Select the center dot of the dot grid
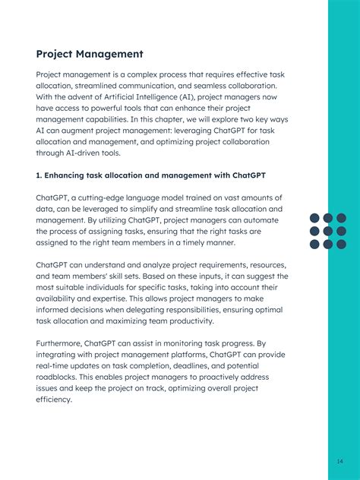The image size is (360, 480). coord(328,231)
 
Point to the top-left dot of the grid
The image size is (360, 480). coord(314,218)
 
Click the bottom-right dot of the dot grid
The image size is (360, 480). coord(341,244)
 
